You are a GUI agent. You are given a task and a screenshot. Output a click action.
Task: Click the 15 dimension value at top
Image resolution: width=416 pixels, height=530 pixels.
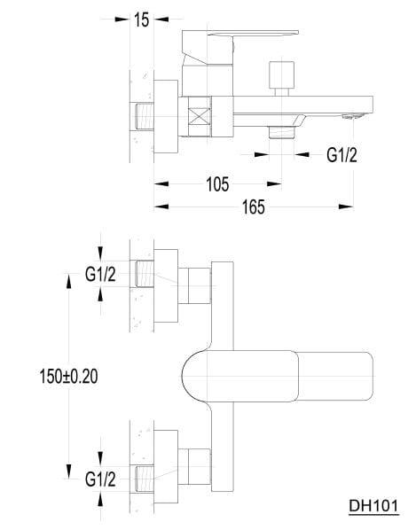coord(141,20)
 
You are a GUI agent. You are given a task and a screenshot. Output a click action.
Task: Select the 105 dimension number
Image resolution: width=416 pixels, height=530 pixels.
coord(217,184)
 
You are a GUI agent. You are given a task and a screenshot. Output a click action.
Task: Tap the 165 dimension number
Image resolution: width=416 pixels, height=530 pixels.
coord(254,207)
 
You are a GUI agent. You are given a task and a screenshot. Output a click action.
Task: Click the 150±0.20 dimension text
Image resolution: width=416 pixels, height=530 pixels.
coord(68,376)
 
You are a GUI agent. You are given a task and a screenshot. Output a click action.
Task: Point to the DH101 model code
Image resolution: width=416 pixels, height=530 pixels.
coord(373,506)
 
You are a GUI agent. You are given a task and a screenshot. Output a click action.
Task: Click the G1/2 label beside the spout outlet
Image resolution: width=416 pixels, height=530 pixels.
coord(341,155)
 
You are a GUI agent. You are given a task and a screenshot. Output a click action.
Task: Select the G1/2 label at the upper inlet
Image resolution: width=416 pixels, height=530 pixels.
coord(100,274)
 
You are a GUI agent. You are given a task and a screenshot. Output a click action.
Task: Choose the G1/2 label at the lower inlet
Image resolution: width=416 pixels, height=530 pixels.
coord(100,479)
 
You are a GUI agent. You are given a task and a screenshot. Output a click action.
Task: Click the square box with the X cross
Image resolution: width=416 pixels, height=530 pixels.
coord(200,117)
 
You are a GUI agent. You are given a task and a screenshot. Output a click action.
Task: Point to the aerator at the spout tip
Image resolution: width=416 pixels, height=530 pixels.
coord(353,117)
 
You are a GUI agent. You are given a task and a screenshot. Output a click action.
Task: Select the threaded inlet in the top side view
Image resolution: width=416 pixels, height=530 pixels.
coord(145,116)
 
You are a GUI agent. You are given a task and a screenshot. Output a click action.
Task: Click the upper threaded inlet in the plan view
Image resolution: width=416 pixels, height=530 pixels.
coord(145,274)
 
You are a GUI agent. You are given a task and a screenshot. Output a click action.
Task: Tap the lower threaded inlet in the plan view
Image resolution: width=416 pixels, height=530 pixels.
coord(145,479)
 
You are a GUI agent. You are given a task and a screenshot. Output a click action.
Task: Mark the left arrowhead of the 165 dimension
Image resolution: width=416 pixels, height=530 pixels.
coord(161,207)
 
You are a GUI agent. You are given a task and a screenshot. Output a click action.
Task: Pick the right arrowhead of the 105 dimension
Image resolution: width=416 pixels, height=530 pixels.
coord(274,183)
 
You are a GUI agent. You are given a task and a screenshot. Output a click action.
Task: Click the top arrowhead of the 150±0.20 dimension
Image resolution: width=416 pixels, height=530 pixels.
coord(68,281)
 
